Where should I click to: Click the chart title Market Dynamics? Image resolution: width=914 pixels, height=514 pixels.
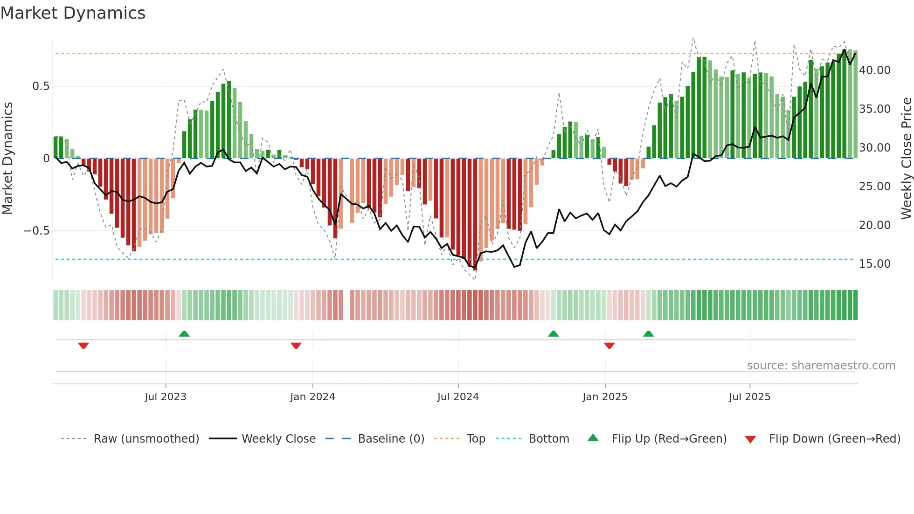pos(73,13)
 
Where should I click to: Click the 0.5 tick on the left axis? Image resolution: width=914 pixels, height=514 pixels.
pos(41,86)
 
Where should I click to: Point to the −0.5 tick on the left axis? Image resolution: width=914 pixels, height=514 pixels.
pos(36,231)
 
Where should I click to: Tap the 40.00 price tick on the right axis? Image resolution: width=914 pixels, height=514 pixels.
pos(874,70)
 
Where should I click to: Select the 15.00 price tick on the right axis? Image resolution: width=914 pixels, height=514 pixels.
pos(874,264)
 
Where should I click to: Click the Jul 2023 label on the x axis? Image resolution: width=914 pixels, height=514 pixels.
pos(166,397)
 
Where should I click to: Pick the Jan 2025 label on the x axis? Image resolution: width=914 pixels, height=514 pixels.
pos(605,397)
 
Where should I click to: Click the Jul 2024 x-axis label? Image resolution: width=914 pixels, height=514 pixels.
pos(458,397)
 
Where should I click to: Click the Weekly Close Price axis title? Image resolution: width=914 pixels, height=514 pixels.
pos(906,159)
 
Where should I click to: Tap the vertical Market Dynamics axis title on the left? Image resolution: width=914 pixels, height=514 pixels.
pos(7,159)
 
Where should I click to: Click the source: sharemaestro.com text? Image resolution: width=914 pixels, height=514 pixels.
pos(821,366)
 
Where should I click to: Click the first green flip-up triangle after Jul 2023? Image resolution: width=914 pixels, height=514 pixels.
pos(184,333)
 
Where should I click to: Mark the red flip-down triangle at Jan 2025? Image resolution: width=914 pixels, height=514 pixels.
pos(609,346)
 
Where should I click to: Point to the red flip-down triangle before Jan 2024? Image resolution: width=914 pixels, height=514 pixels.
pos(296,346)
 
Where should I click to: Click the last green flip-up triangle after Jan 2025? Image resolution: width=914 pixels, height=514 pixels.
pos(648,333)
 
